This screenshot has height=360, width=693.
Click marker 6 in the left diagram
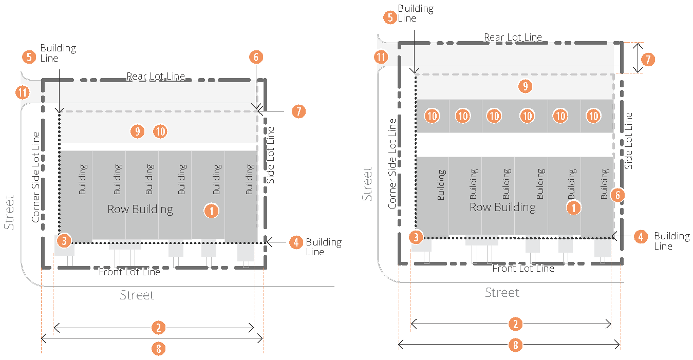click(256, 57)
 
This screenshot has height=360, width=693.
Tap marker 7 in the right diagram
click(648, 59)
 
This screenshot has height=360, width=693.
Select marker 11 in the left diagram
click(22, 93)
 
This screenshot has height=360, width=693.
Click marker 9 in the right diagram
click(525, 86)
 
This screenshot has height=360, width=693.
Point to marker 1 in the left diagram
click(211, 210)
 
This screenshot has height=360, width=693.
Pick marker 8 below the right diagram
click(516, 345)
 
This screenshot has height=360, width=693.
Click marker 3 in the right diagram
click(417, 237)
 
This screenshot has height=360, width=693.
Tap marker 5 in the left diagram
click(29, 56)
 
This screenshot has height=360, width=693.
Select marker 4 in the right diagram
click(640, 236)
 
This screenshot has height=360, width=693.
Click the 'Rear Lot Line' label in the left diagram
click(156, 77)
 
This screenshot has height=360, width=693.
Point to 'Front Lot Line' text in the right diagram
click(523, 268)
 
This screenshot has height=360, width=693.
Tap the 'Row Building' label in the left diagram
click(140, 210)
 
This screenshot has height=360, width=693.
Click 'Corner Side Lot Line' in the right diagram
click(392, 164)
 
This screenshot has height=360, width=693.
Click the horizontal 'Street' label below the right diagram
click(502, 293)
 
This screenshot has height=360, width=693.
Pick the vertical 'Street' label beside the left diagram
click(9, 212)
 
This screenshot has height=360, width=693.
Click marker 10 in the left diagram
click(160, 131)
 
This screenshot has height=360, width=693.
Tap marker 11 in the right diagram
click(381, 57)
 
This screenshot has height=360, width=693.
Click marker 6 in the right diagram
click(619, 195)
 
